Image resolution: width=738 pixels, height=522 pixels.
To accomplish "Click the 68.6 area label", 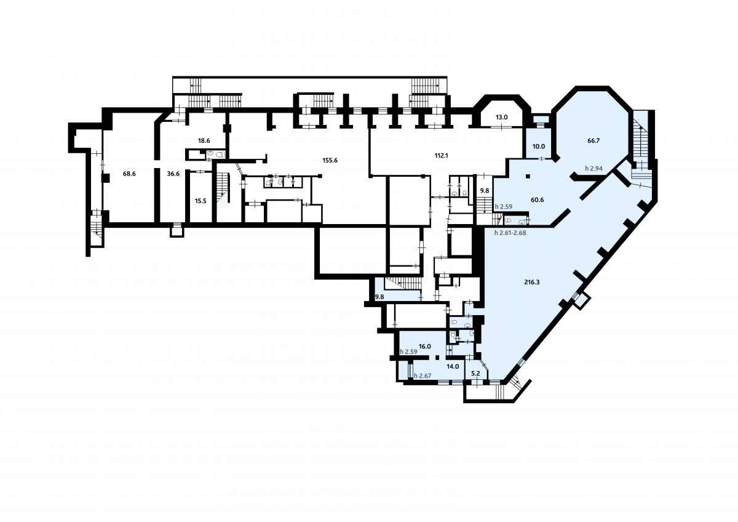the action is point(129,174).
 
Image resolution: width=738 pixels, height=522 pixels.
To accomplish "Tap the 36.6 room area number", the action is point(173,174).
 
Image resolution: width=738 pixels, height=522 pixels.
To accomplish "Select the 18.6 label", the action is point(204,141).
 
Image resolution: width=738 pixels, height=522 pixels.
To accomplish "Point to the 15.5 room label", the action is point(200,201).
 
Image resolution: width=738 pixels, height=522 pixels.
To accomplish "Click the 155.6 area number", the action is point(330,161).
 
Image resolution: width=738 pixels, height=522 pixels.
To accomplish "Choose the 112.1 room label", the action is point(441,156).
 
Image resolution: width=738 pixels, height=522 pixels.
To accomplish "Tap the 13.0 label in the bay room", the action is point(502,117).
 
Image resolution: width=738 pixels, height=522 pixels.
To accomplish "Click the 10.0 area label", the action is point(539,147).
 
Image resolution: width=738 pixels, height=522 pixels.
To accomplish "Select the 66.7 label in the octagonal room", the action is point(593,141).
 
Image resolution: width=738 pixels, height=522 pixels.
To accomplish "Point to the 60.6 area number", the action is point(538,200).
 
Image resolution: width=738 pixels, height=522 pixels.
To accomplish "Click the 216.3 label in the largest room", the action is point(532,283).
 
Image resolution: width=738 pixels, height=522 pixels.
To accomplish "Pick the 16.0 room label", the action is point(425,347).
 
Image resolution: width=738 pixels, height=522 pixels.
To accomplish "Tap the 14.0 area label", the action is point(453,366).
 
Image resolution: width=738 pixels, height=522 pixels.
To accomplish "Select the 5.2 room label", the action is point(475,374).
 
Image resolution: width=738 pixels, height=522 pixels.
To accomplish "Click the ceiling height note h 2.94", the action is point(593,169).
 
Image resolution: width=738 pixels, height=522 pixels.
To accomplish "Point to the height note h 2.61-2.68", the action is point(510,233).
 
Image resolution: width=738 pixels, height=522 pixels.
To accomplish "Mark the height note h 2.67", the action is point(423,375).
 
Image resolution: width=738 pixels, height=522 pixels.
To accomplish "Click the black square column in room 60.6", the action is point(528,176).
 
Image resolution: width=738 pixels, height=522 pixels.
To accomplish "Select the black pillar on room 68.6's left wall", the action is point(105,178).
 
